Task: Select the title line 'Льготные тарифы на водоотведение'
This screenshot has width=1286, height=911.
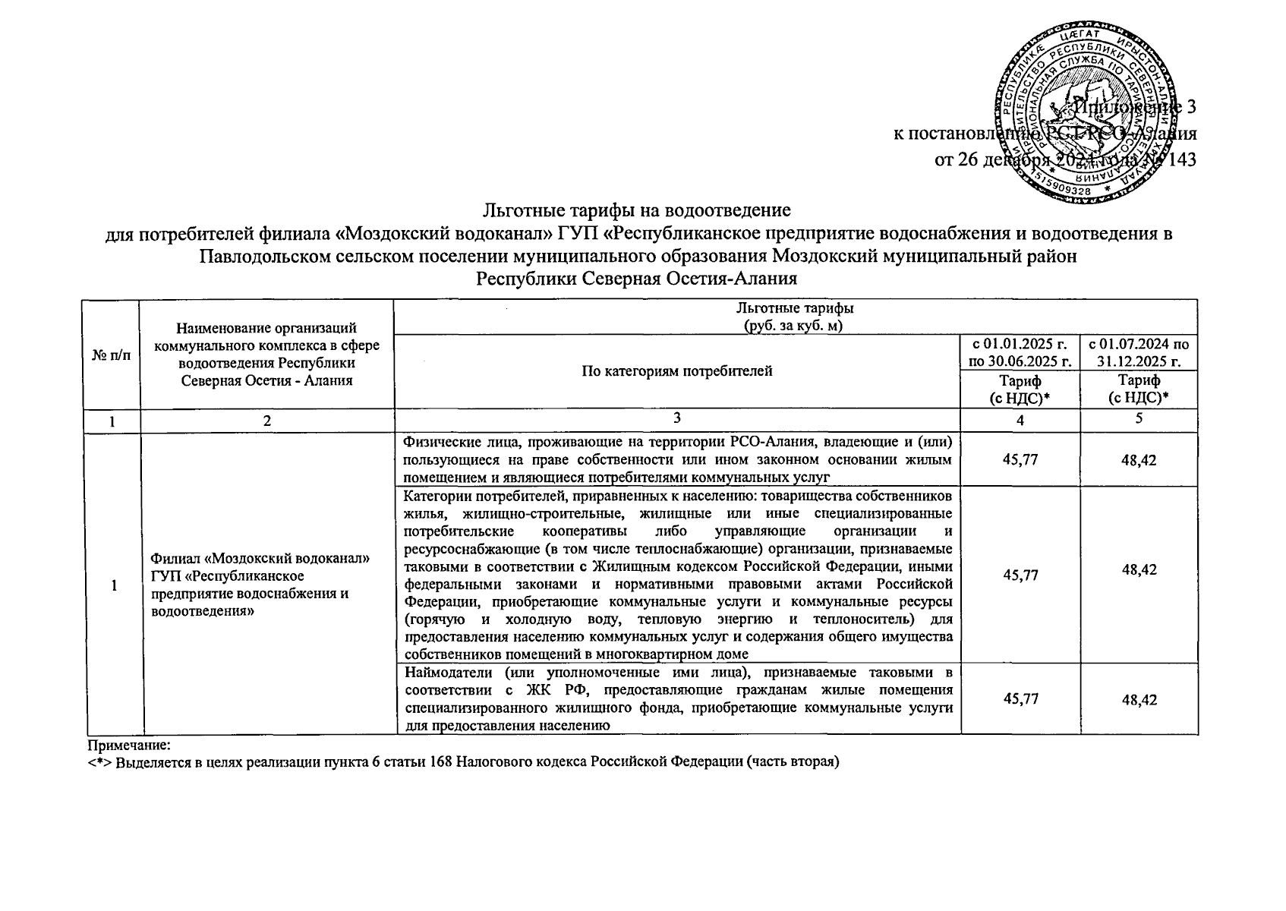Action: pos(637,209)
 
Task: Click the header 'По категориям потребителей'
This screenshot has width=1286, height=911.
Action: pos(676,371)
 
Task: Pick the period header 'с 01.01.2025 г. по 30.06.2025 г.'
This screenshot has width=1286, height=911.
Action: pos(1020,353)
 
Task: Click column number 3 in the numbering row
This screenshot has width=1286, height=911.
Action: pos(676,418)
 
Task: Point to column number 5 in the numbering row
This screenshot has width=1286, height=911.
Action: pos(1139,418)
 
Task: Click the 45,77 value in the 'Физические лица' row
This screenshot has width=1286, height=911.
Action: pos(1020,459)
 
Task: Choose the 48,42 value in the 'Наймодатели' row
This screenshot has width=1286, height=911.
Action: pos(1139,700)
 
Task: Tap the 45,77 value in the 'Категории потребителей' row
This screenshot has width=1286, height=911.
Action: pos(1020,575)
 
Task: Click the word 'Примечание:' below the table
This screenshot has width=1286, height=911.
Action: pos(128,746)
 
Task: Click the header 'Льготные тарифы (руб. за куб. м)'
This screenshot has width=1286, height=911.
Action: pos(794,317)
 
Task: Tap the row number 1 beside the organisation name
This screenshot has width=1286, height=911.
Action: pos(114,585)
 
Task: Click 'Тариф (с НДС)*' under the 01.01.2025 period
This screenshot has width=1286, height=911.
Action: pos(1020,389)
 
